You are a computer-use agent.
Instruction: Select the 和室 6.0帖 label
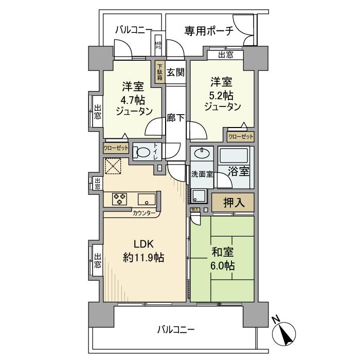(x=223, y=259)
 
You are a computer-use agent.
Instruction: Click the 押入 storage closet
(x=232, y=203)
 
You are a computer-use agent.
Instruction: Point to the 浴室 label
(x=239, y=171)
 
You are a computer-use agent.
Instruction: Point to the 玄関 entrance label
(x=175, y=72)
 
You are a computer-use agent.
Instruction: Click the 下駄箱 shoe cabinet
(x=160, y=73)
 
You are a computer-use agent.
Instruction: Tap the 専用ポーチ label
(x=209, y=31)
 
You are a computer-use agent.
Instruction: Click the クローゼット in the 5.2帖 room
(x=240, y=137)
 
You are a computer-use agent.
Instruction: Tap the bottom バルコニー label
(x=176, y=329)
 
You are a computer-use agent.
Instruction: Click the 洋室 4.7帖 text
(x=130, y=98)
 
